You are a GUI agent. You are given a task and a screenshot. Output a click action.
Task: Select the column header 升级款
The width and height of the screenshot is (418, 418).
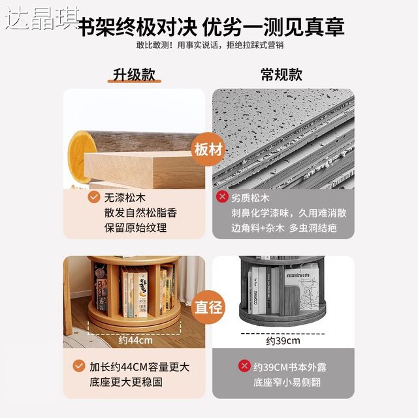click(x=133, y=74)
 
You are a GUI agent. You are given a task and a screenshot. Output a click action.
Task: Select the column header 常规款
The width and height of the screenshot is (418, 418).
click(x=283, y=74)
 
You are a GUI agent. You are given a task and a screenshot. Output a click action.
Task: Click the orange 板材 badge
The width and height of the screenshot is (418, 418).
click(x=209, y=149)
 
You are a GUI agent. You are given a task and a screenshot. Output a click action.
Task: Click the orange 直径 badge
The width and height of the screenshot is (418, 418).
click(x=209, y=305)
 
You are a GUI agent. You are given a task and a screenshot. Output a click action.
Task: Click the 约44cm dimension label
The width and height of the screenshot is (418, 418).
click(x=134, y=340)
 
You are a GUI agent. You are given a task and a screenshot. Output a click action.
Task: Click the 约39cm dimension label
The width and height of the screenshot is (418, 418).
click(x=283, y=340)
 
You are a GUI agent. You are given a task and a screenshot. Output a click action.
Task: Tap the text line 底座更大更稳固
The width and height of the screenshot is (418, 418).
click(x=126, y=381)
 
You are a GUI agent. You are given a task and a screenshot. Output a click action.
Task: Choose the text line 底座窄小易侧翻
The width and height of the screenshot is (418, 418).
click(x=278, y=381)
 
